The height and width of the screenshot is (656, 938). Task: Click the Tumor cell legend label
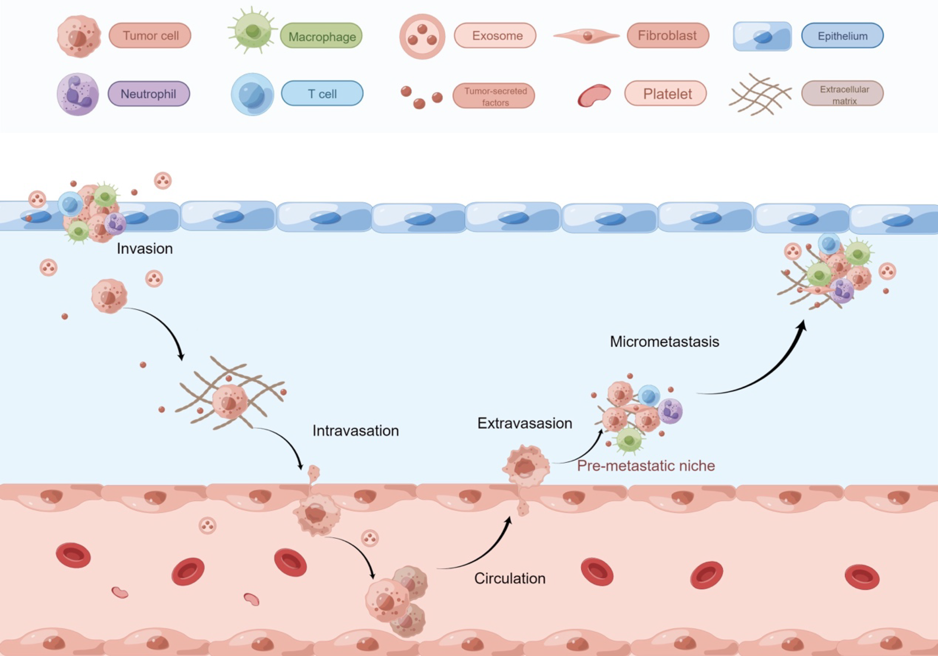[x=150, y=35]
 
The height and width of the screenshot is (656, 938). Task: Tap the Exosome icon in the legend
[x=422, y=36]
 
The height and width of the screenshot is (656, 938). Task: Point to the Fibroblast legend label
[x=668, y=35]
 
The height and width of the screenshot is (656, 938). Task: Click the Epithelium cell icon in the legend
[x=762, y=36]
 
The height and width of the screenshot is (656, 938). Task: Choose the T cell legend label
[x=322, y=94]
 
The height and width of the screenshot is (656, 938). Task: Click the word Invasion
[x=145, y=248]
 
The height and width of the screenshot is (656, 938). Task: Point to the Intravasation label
[x=355, y=431]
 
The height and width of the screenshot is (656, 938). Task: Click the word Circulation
[x=509, y=578]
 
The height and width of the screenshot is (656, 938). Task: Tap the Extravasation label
[x=524, y=423]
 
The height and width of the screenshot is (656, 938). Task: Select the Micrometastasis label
[x=664, y=341]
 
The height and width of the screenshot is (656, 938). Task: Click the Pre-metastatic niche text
[x=646, y=466]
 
